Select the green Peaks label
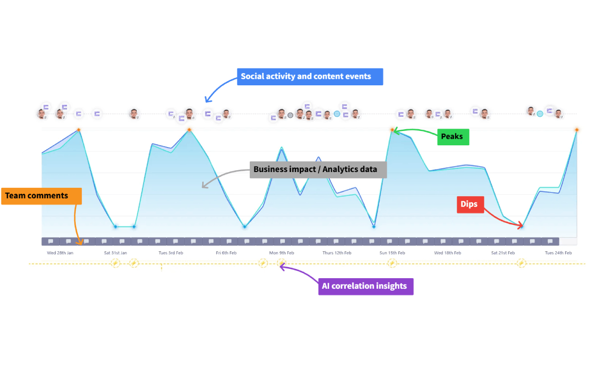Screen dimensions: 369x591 pos(453,137)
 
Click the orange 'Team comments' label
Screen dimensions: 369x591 pos(41,196)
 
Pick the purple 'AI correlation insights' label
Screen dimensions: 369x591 pos(365,286)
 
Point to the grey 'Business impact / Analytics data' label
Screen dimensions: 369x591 pos(318,170)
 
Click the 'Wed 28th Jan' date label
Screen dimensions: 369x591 pos(60,253)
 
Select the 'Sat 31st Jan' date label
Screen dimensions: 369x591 pos(115,253)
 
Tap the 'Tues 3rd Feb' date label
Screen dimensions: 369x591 pos(171,253)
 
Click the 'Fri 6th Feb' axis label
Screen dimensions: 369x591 pos(226,253)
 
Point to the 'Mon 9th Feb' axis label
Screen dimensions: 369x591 pos(282,253)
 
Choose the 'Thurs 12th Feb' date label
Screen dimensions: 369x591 pos(337,253)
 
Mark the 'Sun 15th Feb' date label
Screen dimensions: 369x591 pos(392,253)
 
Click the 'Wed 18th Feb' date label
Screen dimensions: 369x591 pos(447,253)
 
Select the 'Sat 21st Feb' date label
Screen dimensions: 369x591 pos(503,253)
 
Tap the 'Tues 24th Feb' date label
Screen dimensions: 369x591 pos(558,253)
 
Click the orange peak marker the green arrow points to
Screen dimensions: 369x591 pos(392,130)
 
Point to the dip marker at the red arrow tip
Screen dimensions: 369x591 pos(522,226)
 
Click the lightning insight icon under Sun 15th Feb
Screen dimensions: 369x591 pos(392,263)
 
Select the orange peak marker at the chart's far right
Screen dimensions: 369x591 pos(577,130)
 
